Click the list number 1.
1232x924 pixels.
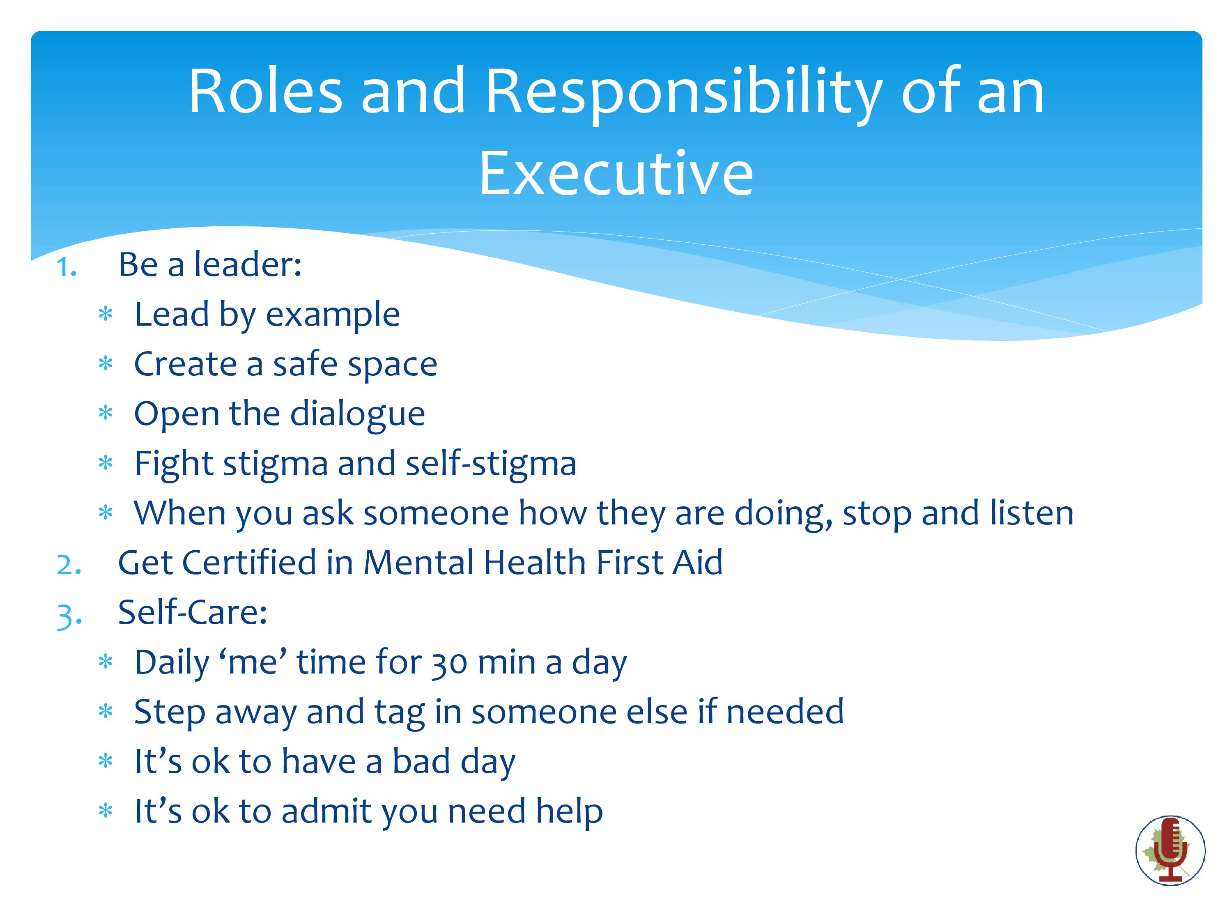coord(66,267)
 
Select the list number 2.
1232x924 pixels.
coord(69,565)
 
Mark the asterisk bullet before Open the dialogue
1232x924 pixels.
coord(105,414)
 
